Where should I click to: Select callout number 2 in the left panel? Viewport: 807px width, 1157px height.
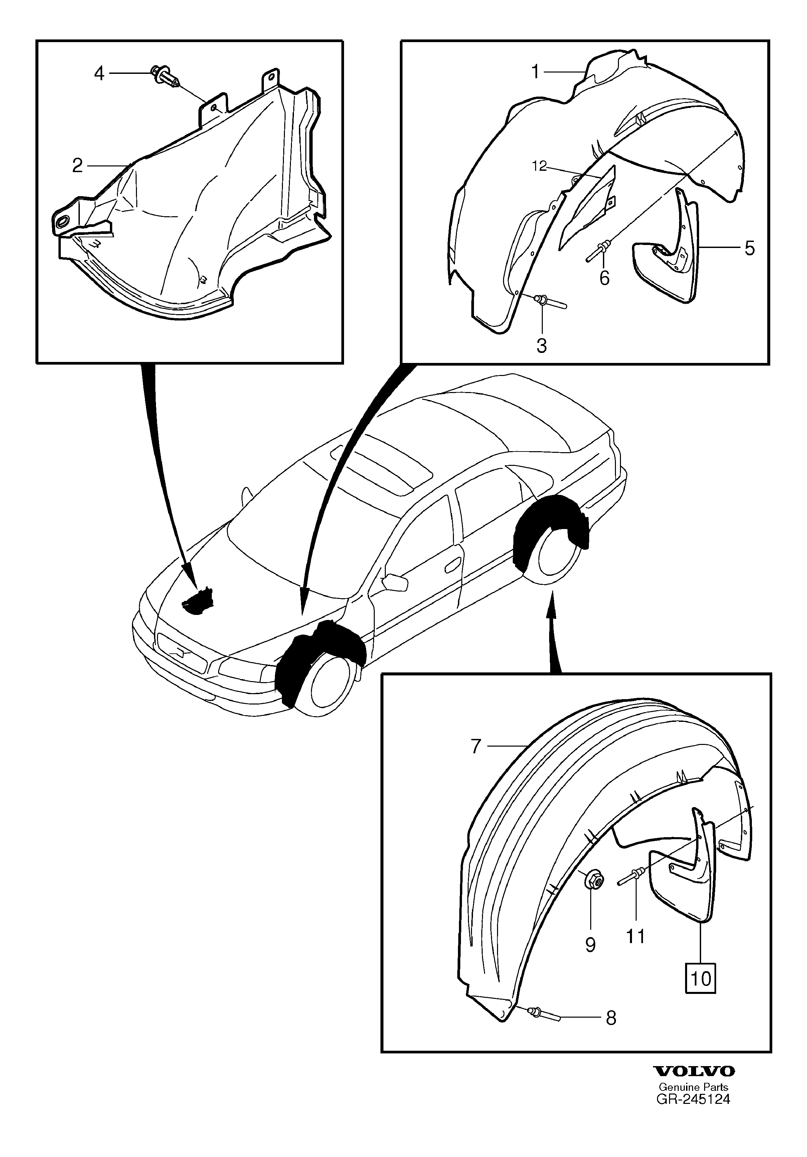[77, 165]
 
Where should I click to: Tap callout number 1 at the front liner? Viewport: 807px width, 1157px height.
[535, 72]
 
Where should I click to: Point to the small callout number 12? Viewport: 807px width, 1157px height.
[539, 166]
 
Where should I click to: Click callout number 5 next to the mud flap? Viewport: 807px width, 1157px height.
[749, 248]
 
